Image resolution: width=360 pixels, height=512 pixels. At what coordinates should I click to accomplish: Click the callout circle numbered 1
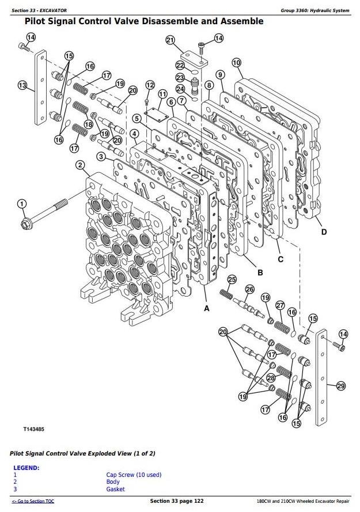21,204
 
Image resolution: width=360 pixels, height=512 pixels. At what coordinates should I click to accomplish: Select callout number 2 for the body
79,166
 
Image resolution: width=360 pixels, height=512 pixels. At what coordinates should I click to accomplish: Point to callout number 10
236,62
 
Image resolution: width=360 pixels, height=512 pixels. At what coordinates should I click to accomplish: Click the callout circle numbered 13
22,85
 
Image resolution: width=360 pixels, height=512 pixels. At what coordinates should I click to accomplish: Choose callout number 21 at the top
170,40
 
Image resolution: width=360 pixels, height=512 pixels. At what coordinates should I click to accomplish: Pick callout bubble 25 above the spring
232,280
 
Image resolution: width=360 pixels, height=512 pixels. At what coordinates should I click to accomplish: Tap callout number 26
249,289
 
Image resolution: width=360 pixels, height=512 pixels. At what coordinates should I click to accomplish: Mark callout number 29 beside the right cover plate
340,385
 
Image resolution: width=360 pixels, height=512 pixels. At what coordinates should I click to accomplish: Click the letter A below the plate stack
207,309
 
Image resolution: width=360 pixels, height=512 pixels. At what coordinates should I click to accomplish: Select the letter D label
324,232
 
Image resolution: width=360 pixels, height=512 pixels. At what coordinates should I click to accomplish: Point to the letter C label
281,259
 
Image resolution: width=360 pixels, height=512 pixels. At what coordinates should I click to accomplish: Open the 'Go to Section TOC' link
33,502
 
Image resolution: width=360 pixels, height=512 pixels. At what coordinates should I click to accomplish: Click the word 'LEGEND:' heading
26,468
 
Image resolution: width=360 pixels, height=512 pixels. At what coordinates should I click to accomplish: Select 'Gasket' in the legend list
116,489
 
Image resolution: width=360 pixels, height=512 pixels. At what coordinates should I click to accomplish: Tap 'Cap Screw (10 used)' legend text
134,475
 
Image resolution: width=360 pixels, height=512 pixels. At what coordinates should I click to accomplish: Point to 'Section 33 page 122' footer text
176,502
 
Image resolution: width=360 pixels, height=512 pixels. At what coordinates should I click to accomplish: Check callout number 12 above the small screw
150,85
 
